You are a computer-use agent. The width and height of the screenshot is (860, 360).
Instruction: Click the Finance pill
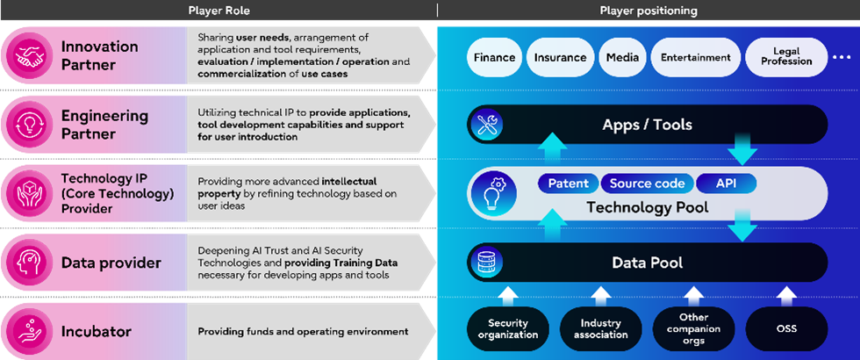pyautogui.click(x=494, y=58)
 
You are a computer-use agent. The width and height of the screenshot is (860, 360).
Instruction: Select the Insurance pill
pyautogui.click(x=560, y=58)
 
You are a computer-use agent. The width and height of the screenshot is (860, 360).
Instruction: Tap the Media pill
pyautogui.click(x=621, y=58)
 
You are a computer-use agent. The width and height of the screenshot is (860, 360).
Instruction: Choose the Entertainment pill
pyautogui.click(x=695, y=58)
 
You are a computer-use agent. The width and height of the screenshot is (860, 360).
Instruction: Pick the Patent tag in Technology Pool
pyautogui.click(x=567, y=184)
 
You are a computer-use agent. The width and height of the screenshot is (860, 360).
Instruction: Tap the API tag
pyautogui.click(x=726, y=184)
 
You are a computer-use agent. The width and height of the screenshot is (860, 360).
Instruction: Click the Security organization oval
pyautogui.click(x=507, y=328)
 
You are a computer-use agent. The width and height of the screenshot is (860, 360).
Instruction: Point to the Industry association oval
pyautogui.click(x=601, y=328)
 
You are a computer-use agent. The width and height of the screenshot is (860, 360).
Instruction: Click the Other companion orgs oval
pyautogui.click(x=693, y=328)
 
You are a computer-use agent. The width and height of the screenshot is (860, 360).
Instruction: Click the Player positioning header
pyautogui.click(x=648, y=11)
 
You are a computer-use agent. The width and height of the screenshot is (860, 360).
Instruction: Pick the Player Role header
pyautogui.click(x=219, y=11)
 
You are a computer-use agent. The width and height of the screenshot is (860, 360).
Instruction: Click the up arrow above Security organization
pyautogui.click(x=507, y=292)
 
